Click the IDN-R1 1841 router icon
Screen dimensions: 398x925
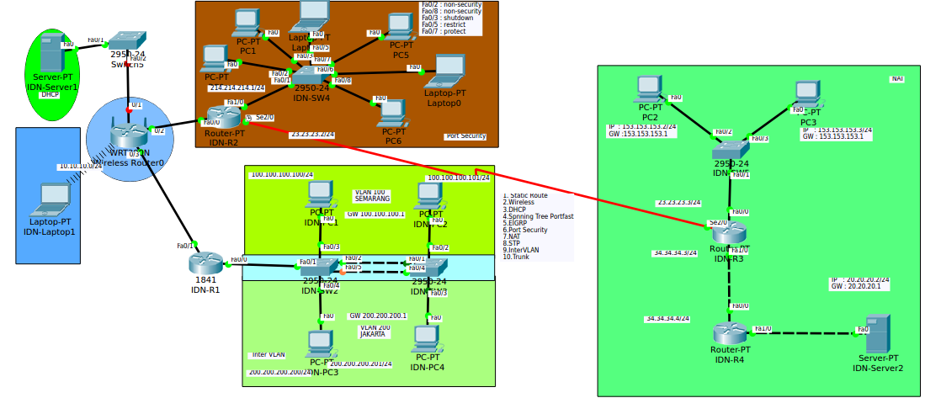point(205,262)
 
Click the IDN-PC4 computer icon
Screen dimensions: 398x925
point(427,340)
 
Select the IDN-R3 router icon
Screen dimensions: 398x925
point(728,233)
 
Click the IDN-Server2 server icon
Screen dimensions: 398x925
point(878,333)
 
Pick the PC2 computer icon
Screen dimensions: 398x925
point(648,88)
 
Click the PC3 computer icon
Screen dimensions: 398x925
point(807,93)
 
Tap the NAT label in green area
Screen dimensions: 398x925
point(897,78)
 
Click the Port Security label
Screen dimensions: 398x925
point(465,135)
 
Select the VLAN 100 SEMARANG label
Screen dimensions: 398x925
point(372,195)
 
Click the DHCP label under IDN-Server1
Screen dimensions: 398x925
point(51,95)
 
